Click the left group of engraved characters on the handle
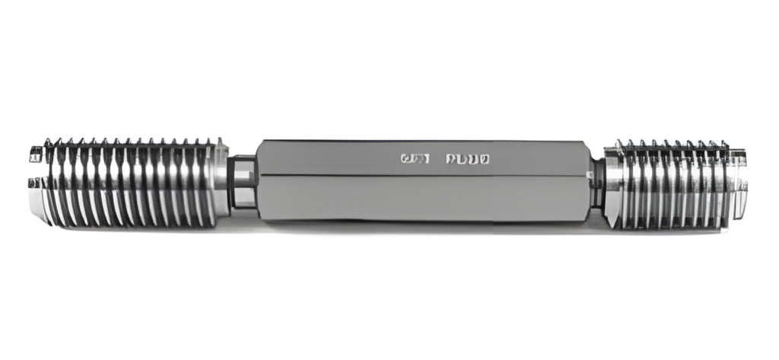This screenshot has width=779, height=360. click(415, 159)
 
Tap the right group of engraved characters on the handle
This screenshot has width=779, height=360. click(467, 159)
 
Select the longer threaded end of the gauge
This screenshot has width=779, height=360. click(129, 183)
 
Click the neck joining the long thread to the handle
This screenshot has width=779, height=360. click(243, 183)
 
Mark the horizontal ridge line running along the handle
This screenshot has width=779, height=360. click(426, 177)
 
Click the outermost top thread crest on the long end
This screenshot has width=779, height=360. click(47, 142)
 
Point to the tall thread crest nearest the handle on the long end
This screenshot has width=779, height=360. click(220, 142)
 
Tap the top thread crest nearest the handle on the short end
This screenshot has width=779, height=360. click(618, 144)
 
